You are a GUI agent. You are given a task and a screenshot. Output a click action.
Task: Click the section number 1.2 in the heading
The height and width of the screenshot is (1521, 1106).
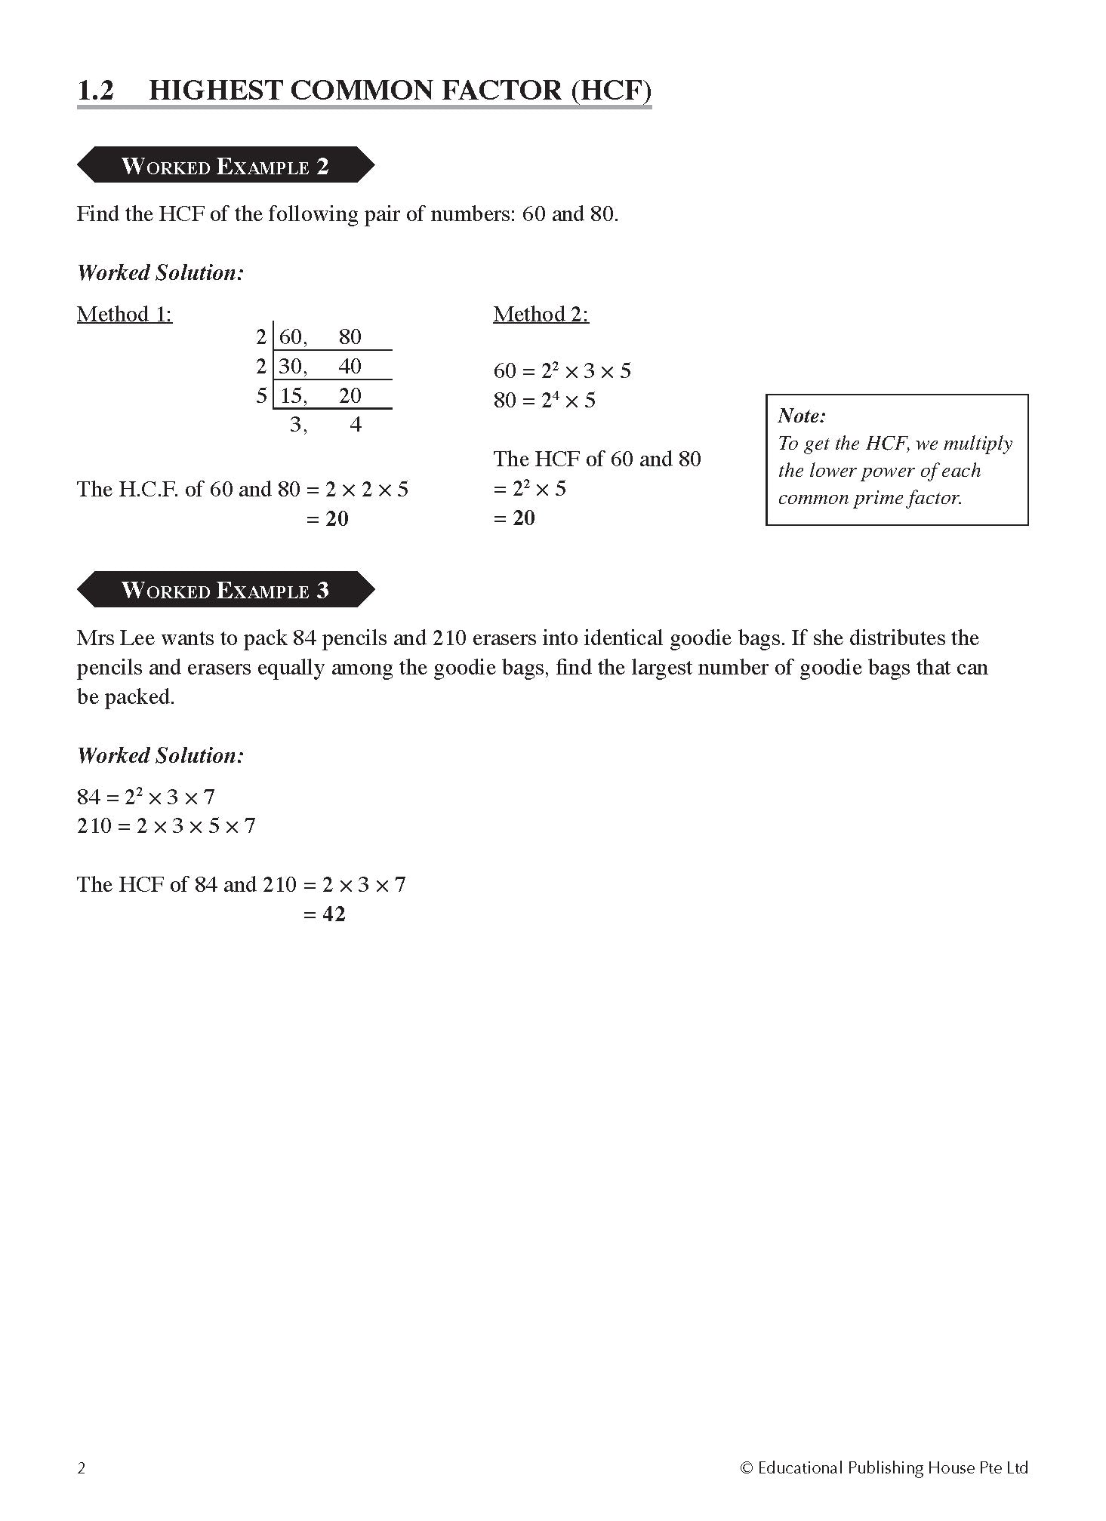coord(95,91)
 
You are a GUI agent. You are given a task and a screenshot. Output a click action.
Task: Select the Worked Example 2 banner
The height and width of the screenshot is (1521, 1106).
coord(225,166)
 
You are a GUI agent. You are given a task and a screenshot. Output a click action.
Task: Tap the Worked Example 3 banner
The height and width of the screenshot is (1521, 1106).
coord(225,590)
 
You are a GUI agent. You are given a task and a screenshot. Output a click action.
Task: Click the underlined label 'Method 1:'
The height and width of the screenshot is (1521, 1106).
coord(125,315)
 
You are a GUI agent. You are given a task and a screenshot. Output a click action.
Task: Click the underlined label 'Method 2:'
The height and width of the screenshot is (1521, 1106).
coord(541,315)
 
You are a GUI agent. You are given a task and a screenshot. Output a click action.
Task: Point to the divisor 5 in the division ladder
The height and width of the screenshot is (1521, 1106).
coord(261,395)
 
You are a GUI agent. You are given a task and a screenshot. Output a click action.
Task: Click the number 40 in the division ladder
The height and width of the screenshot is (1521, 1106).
coord(350,367)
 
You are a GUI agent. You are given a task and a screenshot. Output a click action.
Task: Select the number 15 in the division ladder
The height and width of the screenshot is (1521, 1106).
coord(292,396)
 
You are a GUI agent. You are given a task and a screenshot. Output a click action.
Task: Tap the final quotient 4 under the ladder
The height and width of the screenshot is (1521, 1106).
coord(356,425)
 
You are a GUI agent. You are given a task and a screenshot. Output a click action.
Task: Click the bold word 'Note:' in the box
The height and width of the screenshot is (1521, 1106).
coord(802,416)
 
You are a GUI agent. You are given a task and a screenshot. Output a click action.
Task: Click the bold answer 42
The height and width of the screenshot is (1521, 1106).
coord(334,914)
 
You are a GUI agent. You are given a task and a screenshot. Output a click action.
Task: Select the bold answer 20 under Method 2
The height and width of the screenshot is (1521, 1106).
coord(523,518)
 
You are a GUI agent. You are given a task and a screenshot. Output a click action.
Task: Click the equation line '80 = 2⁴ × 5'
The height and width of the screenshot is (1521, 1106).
coord(544,400)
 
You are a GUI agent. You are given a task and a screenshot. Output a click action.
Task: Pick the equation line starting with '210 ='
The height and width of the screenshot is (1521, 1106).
coord(166,826)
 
